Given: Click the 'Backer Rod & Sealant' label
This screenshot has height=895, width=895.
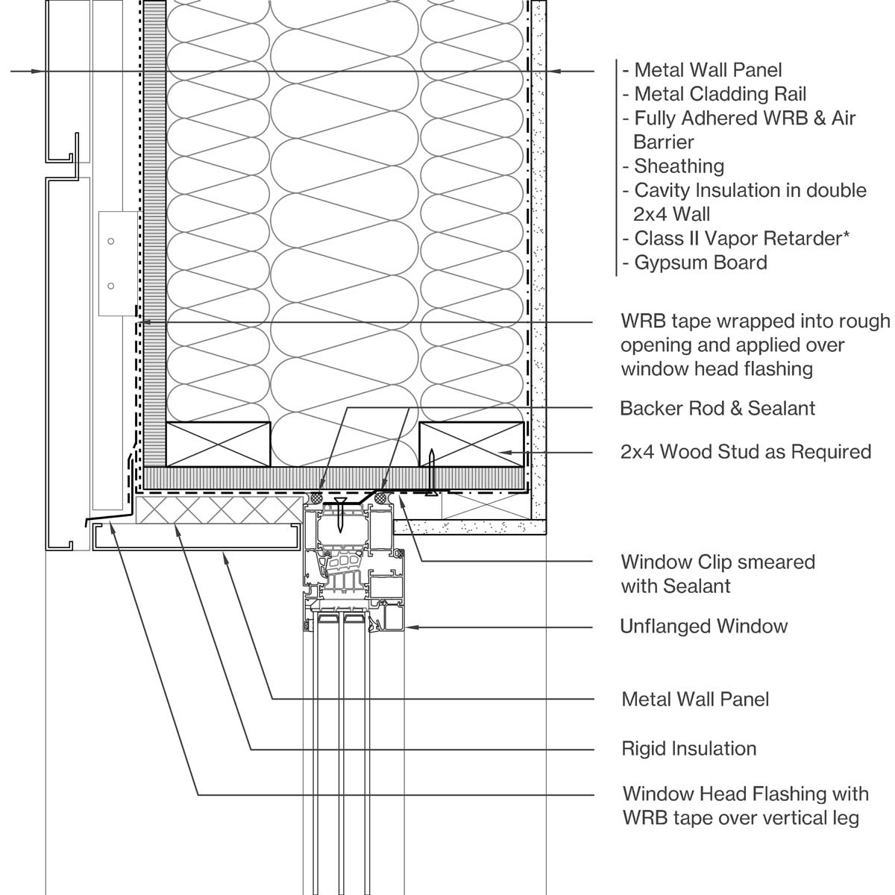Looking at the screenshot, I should tap(717, 409).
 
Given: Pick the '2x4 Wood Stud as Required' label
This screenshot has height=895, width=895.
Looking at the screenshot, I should tap(746, 452).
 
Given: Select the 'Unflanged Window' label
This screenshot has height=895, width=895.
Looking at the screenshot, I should tap(703, 626).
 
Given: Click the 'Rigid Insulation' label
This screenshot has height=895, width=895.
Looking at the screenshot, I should tap(689, 748).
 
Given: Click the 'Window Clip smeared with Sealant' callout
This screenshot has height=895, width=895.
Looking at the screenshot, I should tap(717, 574).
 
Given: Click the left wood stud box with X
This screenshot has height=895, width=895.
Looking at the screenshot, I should tap(218, 444).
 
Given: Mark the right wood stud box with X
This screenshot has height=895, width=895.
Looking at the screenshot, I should tap(471, 444).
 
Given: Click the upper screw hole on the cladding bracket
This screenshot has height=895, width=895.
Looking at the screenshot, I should tap(110, 241).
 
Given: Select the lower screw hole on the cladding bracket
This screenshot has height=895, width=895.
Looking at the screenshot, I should tap(110, 286).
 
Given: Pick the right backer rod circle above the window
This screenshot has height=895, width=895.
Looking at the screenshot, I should tap(382, 497).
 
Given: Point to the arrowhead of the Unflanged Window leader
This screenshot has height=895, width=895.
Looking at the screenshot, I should tap(410, 627).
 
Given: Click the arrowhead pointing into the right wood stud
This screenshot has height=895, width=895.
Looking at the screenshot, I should tap(501, 452).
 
